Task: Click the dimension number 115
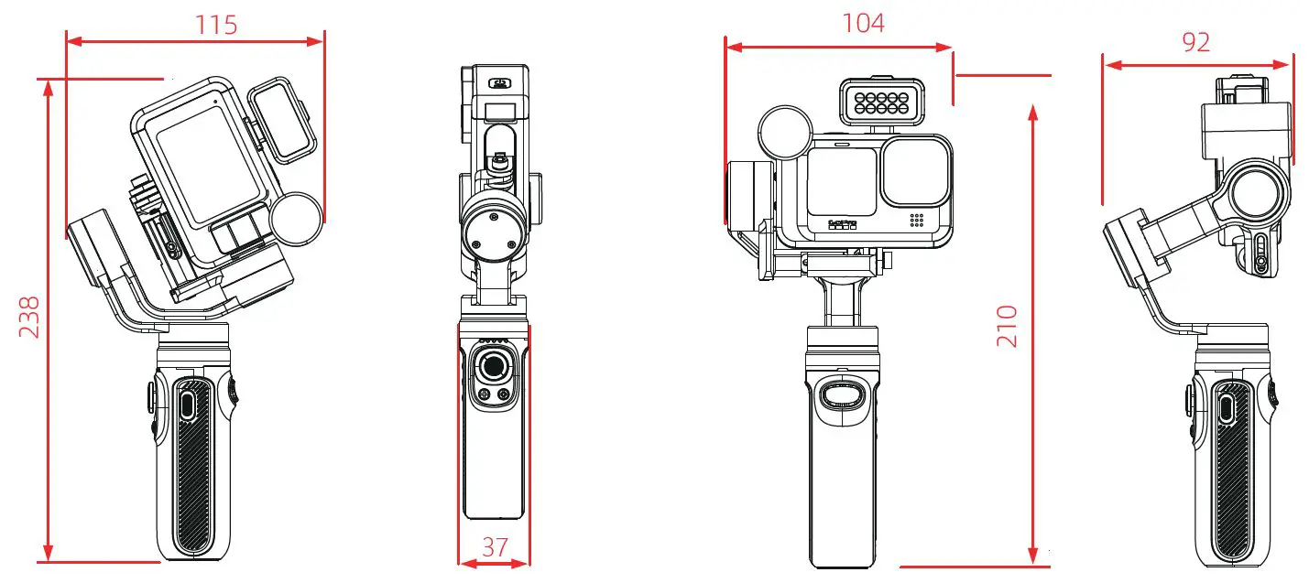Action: coord(216,25)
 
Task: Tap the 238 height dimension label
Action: coord(29,317)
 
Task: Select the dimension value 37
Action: coord(495,546)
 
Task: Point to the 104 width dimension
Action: coord(863,24)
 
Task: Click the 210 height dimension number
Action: coord(1007,326)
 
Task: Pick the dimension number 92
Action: coord(1195,42)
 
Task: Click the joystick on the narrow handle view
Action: coord(494,366)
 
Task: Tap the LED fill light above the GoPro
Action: coord(882,103)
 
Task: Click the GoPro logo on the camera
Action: coord(842,224)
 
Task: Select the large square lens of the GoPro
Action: coord(914,171)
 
